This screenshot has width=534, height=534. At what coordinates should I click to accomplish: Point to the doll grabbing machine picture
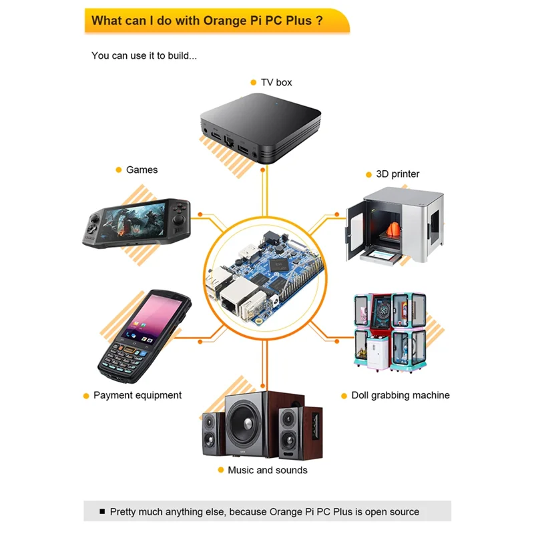pos(389,332)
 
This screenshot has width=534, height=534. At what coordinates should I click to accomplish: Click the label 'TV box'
pos(276,82)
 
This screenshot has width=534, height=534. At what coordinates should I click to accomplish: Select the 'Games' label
pos(142,170)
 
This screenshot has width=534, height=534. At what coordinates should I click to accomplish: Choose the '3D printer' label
pos(398,174)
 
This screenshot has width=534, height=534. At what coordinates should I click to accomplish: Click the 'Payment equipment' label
pos(138,395)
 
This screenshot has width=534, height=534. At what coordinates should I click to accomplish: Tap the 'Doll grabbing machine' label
pos(400,395)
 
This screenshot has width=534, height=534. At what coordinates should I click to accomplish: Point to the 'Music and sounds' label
pos(268,470)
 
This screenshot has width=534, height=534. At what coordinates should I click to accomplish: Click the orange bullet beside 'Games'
pos(118,170)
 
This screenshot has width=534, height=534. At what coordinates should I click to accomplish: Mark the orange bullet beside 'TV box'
pos(253,82)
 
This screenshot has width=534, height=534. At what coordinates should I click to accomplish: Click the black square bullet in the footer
pos(102,511)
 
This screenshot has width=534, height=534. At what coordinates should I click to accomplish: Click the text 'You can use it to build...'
pos(144,55)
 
